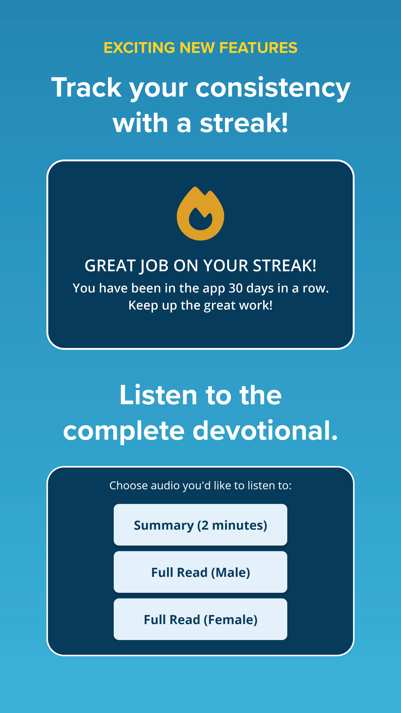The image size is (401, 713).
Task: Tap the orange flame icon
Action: (200, 213)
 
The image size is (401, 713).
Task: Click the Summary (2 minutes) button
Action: (200, 525)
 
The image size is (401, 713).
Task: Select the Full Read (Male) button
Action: (200, 572)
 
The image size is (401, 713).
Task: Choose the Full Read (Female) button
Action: (200, 619)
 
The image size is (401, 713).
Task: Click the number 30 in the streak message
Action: (236, 288)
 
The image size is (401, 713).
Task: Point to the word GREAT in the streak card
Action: (110, 266)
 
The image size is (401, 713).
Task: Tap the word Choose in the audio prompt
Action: (128, 486)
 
